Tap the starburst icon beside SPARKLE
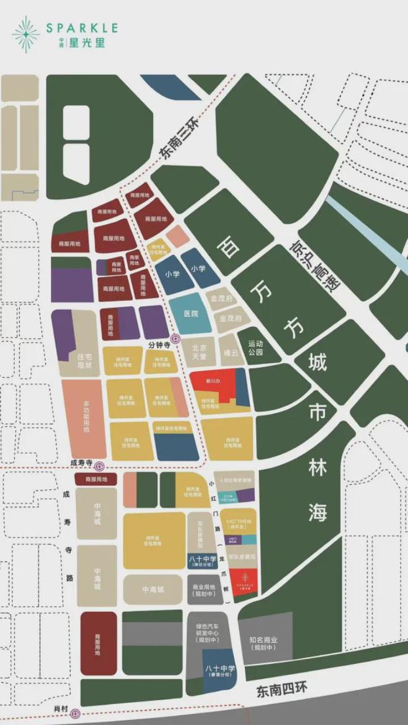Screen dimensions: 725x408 pos(25,34)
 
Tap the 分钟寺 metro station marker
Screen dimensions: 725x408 pos(176,338)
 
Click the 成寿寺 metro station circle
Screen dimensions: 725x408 pos(100,466)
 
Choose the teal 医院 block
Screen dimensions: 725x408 pos(190,314)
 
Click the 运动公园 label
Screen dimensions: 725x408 pos(255,348)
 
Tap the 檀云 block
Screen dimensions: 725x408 pos(230,351)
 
